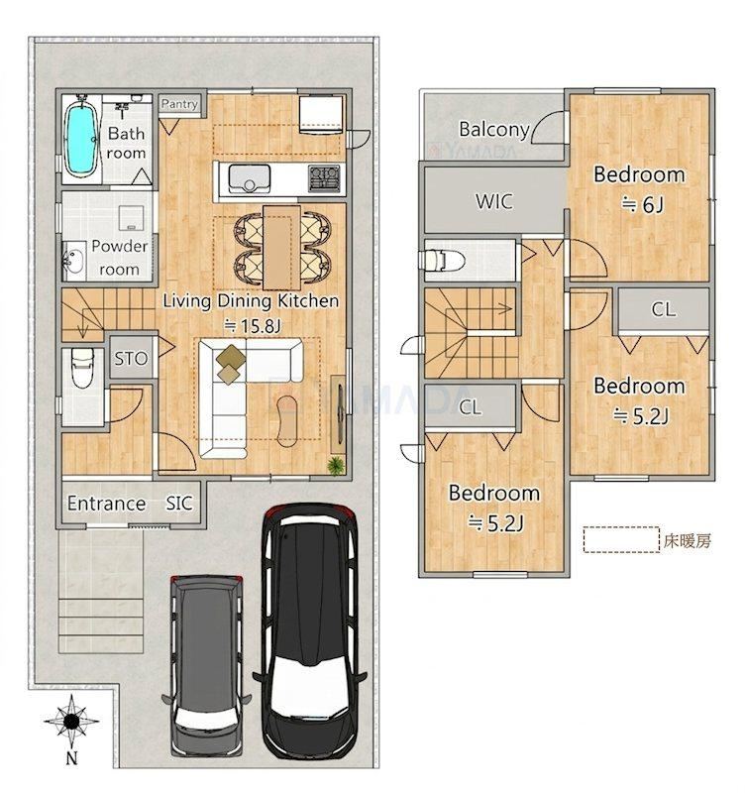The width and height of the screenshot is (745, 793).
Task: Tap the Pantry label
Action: click(179, 104)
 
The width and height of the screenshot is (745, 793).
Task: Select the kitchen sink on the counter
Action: click(248, 179)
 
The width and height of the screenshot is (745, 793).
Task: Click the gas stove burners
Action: click(325, 178)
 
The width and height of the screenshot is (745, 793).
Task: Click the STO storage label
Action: click(131, 359)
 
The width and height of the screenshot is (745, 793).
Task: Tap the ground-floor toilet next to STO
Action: click(82, 369)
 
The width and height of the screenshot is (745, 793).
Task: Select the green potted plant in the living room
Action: click(336, 465)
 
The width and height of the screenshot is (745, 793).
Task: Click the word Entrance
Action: click(107, 504)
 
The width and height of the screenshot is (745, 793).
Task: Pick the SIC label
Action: click(179, 504)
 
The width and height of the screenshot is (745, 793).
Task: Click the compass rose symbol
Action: click(71, 721)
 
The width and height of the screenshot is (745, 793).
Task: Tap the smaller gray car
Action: click(206, 665)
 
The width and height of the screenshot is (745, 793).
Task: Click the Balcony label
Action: click(493, 130)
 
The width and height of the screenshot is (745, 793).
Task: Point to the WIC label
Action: click(493, 202)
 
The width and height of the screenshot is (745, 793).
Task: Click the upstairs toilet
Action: click(442, 261)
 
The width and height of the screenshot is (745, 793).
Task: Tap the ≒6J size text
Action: click(641, 205)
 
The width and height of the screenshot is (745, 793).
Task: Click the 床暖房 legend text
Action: click(688, 541)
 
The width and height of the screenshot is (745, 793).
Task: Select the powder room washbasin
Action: click(74, 261)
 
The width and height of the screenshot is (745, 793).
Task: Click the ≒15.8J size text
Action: click(252, 326)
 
